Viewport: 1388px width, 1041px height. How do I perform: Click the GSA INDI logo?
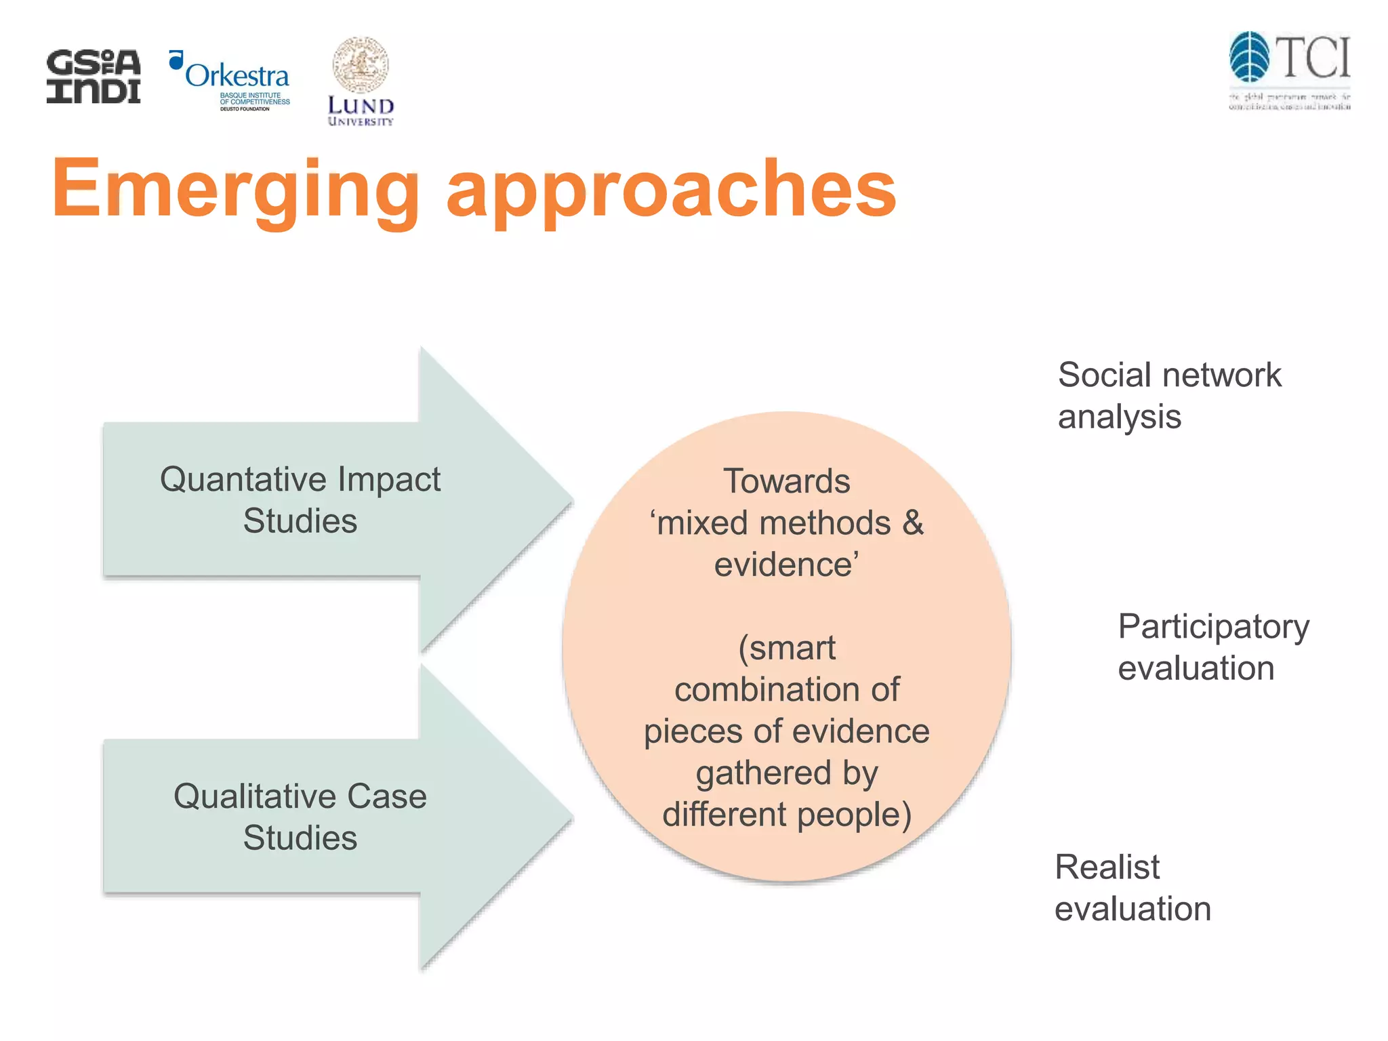[x=94, y=76]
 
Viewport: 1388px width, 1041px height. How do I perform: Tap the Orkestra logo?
[x=230, y=80]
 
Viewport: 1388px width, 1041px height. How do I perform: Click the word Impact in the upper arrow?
[x=389, y=479]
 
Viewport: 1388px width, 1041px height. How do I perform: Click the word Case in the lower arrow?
[x=387, y=796]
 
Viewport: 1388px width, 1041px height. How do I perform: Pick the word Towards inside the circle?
[x=786, y=481]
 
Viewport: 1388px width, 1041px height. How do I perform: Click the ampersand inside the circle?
[x=913, y=523]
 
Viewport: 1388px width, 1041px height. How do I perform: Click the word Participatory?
[x=1213, y=627]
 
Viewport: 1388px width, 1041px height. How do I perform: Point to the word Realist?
[x=1107, y=867]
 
